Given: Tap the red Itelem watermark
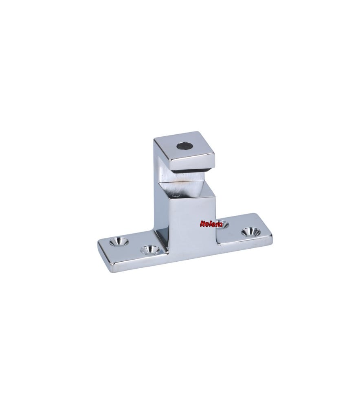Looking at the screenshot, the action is tap(211, 224).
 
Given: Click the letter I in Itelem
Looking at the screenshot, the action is tap(201, 224).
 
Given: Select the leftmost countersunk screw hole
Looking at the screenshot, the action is tap(119, 242).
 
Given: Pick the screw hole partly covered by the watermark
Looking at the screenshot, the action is tap(221, 223).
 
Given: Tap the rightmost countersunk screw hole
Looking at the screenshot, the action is tap(250, 232).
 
